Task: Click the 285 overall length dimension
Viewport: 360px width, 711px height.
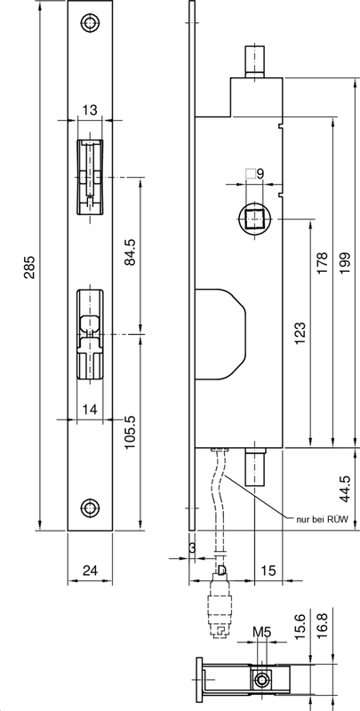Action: pyautogui.click(x=29, y=271)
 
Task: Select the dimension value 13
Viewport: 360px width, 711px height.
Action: pyautogui.click(x=90, y=110)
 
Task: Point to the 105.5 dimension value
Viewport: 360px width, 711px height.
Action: pyautogui.click(x=130, y=431)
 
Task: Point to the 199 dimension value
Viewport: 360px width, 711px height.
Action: pyautogui.click(x=345, y=262)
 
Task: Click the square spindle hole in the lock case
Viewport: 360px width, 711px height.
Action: pyautogui.click(x=253, y=219)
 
